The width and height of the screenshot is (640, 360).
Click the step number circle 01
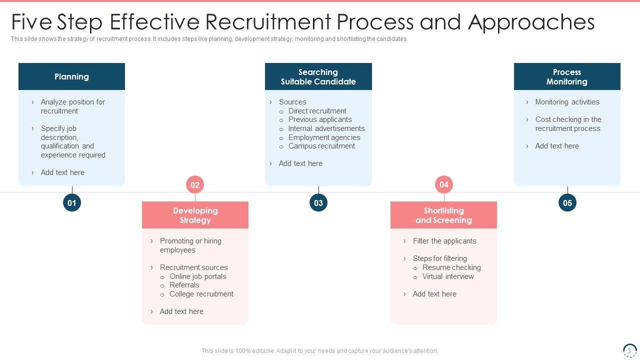[x=72, y=203]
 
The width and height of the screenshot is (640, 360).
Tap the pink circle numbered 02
[x=195, y=185]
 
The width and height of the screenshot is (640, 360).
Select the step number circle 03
[x=318, y=203]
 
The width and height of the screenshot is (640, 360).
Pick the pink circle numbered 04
[x=444, y=185]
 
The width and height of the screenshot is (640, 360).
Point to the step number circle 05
[x=567, y=203]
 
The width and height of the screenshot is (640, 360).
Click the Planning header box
[x=71, y=76]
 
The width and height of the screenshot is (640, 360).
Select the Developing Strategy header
[x=195, y=215]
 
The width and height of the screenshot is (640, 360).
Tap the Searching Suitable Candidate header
[x=318, y=76]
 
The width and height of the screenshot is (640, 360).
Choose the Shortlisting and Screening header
[x=443, y=215]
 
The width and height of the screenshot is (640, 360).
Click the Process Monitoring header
[x=567, y=76]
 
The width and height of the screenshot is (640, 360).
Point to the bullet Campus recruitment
[x=321, y=146]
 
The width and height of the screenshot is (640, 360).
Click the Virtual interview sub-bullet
[x=448, y=276]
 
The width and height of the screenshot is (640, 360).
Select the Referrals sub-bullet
[x=184, y=285]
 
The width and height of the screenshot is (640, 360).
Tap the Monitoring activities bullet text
[x=567, y=102]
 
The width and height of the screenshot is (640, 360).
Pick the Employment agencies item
[x=324, y=137]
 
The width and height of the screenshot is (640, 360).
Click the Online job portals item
[x=197, y=276]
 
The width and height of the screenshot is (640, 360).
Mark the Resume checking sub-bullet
[x=451, y=267]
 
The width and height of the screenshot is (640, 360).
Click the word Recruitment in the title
[x=267, y=22]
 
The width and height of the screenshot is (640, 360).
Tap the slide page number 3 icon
[x=629, y=350]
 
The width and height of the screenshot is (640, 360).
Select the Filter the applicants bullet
[x=444, y=241]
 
